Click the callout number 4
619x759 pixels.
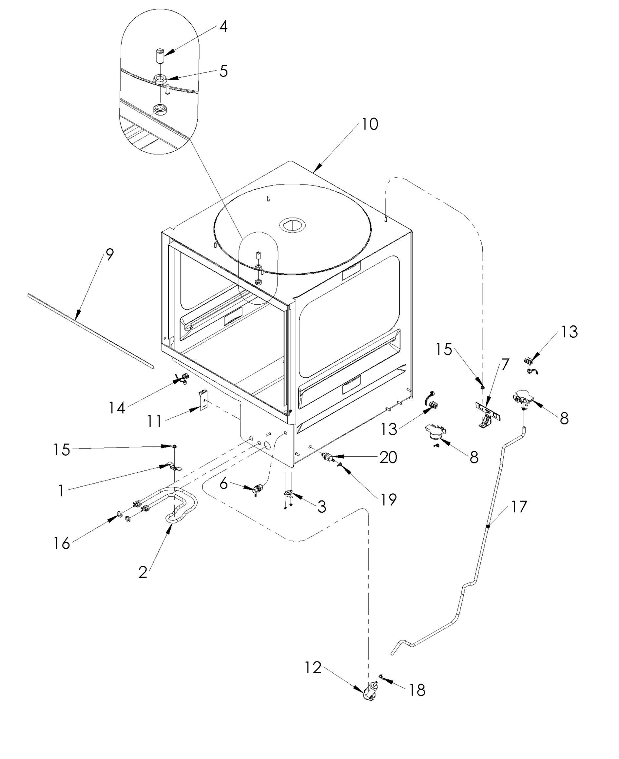pyautogui.click(x=223, y=27)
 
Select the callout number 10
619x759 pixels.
pyautogui.click(x=370, y=124)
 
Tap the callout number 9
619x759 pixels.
pyautogui.click(x=109, y=255)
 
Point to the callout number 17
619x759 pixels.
pyautogui.click(x=519, y=506)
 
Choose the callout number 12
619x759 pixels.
pyautogui.click(x=313, y=668)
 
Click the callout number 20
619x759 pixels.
pyautogui.click(x=388, y=457)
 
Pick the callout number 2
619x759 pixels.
pyautogui.click(x=143, y=572)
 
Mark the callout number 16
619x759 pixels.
pyautogui.click(x=62, y=543)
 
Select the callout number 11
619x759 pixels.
pyautogui.click(x=154, y=421)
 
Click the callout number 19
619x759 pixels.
pyautogui.click(x=388, y=500)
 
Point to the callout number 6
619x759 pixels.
pyautogui.click(x=223, y=484)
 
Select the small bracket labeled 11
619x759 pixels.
pyautogui.click(x=203, y=400)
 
